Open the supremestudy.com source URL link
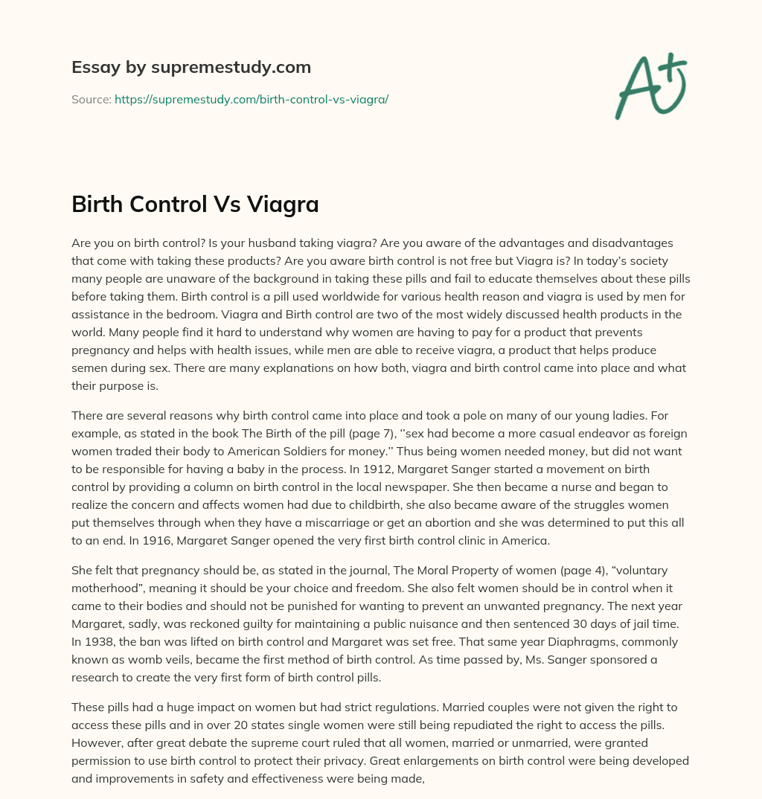click(252, 99)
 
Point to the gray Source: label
click(92, 99)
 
